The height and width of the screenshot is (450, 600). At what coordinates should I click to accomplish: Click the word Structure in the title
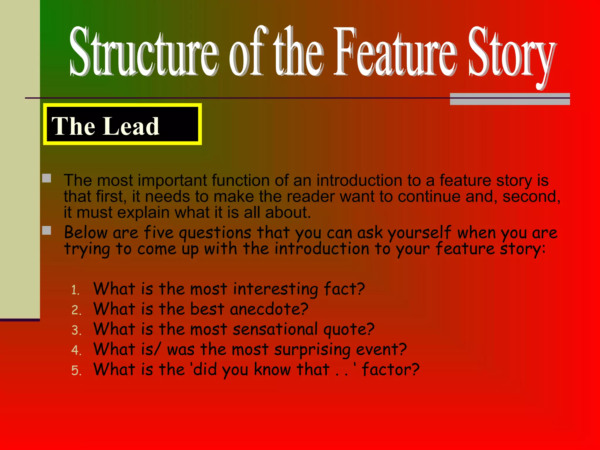click(144, 53)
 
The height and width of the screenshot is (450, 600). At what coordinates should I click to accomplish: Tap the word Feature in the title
click(396, 53)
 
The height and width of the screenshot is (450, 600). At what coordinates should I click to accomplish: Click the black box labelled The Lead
click(122, 124)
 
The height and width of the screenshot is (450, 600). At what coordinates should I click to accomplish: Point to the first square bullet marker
click(47, 178)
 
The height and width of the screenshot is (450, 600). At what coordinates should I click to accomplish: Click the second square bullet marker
click(47, 230)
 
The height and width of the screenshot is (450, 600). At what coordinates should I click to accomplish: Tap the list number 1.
click(75, 290)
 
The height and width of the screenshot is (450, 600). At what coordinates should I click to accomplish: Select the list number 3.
click(76, 330)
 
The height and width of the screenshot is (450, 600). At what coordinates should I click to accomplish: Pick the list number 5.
click(76, 370)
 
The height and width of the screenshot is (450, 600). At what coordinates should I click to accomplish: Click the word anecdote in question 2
click(269, 309)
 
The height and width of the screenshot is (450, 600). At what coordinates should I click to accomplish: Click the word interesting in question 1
click(275, 289)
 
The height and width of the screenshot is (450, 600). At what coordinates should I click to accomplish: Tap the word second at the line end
click(531, 197)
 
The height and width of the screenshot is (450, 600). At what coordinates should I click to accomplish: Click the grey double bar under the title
click(510, 99)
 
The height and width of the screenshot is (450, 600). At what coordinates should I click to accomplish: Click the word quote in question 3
click(349, 330)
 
